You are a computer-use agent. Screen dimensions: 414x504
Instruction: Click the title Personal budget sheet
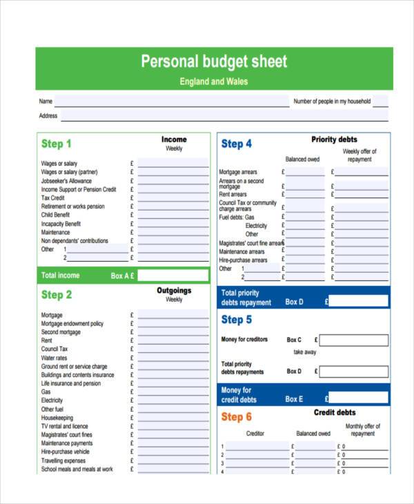coord(214,61)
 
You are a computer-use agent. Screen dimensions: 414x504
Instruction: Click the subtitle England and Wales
coord(214,81)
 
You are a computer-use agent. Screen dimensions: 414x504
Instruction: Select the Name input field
coord(172,101)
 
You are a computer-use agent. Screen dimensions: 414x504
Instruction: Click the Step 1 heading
coord(57,144)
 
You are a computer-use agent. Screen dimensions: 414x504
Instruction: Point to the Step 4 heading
coord(237,144)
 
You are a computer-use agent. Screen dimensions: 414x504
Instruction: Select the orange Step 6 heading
coord(237,417)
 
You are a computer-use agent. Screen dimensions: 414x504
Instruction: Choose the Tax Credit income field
coord(172,198)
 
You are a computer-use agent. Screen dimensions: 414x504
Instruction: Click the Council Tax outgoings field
coord(172,349)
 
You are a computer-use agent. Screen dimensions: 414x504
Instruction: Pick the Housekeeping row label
coord(57,418)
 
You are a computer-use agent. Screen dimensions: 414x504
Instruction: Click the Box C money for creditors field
coord(353,340)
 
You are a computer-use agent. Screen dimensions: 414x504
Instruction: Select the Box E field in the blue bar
coord(358,398)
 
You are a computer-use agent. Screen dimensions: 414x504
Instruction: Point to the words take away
coord(304,352)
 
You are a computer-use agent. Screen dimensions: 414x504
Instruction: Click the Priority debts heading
coord(334,139)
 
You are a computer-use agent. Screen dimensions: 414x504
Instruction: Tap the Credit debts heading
coord(335,413)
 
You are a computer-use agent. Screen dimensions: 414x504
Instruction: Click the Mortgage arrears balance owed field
coord(305,172)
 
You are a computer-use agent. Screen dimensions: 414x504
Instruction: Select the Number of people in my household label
coord(332,101)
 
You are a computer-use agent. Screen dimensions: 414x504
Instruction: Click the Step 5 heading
coord(237,320)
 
